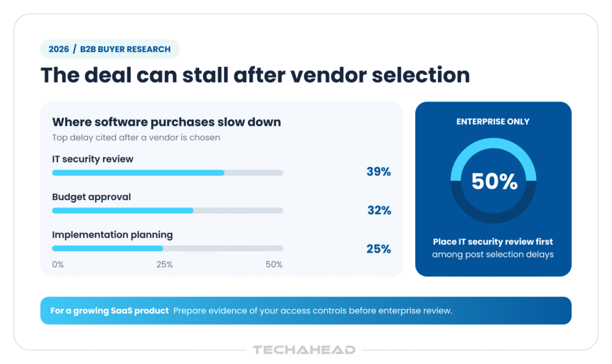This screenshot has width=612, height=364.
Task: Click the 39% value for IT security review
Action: (x=378, y=172)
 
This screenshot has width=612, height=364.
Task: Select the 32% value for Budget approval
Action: (x=379, y=210)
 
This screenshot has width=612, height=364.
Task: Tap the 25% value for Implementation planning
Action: (x=378, y=249)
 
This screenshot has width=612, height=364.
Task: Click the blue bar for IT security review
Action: (x=138, y=173)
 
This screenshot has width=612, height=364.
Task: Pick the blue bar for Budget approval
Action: (x=123, y=210)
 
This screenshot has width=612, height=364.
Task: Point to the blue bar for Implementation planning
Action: (x=108, y=249)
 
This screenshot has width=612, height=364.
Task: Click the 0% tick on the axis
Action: (x=58, y=265)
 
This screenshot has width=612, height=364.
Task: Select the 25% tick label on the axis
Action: (x=164, y=265)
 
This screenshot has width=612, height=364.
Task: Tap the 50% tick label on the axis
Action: (x=274, y=265)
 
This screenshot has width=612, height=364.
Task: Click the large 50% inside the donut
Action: (x=494, y=182)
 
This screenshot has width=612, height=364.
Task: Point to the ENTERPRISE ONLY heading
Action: (x=493, y=122)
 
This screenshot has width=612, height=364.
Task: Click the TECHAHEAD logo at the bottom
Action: (x=304, y=350)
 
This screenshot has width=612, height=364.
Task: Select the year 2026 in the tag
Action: (x=59, y=49)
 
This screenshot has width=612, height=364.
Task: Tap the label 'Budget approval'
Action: (x=91, y=197)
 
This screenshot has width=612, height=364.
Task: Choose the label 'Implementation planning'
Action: (x=112, y=235)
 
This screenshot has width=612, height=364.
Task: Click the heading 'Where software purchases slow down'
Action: (x=167, y=122)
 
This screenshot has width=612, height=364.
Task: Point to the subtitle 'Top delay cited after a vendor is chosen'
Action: (x=136, y=137)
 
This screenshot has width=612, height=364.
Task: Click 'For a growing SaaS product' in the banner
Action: (x=109, y=311)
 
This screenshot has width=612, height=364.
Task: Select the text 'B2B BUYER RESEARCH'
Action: (x=126, y=49)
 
